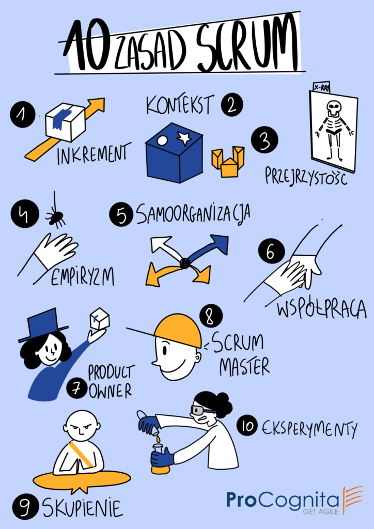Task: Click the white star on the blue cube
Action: (x=184, y=137)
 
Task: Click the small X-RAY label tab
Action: (x=322, y=87)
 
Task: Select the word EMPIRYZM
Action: (x=82, y=278)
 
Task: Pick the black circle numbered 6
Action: (x=271, y=253)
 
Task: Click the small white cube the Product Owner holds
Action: (x=99, y=318)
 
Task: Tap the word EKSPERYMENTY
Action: (x=308, y=428)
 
